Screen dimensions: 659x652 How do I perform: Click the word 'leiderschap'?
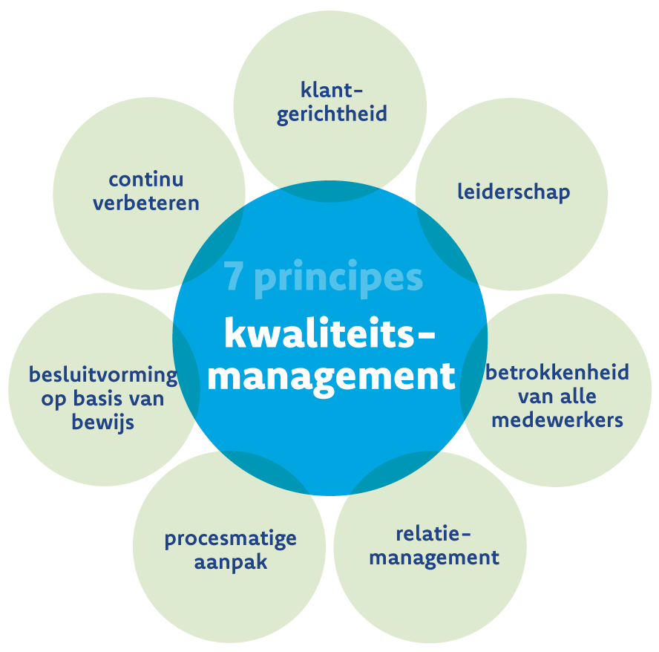[514, 192]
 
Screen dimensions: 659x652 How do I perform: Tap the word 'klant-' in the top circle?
[332, 90]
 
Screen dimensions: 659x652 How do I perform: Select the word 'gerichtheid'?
[332, 114]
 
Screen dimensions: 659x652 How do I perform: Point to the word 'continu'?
[146, 179]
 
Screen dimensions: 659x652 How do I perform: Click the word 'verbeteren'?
[146, 203]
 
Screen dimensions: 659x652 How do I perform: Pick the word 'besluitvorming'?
[103, 375]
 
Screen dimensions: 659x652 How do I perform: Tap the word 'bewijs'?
[103, 422]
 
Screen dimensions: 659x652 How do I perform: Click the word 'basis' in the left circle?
[99, 398]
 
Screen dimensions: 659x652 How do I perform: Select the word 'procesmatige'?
[230, 539]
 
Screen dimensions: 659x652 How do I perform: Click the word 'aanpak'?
[230, 562]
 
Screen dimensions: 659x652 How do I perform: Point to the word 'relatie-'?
[433, 534]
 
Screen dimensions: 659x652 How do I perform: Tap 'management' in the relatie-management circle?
[434, 558]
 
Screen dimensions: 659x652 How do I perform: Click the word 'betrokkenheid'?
[557, 372]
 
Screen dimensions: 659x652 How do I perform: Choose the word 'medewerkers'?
[557, 420]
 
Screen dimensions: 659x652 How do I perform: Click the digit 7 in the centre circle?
[233, 276]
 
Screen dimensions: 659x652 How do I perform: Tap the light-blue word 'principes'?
[338, 278]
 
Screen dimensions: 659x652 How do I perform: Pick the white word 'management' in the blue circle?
[332, 377]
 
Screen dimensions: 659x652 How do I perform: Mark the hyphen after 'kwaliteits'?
[427, 336]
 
